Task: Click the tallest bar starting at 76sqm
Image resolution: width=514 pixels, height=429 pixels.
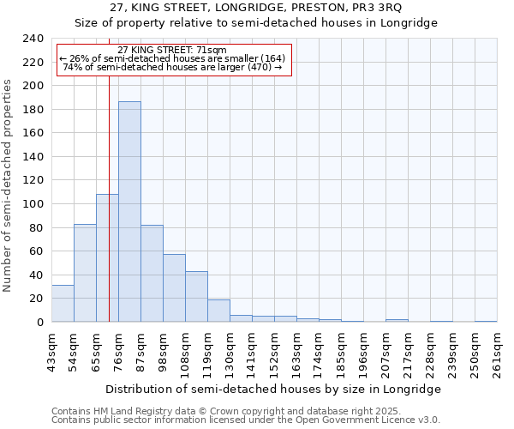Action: pos(129,212)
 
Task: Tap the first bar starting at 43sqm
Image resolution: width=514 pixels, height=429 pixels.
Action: pos(63,304)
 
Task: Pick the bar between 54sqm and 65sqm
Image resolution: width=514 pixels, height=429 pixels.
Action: pos(85,273)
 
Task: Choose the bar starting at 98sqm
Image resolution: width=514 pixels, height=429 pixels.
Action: pos(174,288)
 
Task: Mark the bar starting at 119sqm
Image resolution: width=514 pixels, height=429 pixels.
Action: pos(218,311)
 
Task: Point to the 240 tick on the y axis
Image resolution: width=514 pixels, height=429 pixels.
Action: pos(34,39)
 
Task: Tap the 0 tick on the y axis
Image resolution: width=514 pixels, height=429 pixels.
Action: pos(39,323)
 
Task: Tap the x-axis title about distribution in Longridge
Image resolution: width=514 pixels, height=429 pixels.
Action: pos(274,390)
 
